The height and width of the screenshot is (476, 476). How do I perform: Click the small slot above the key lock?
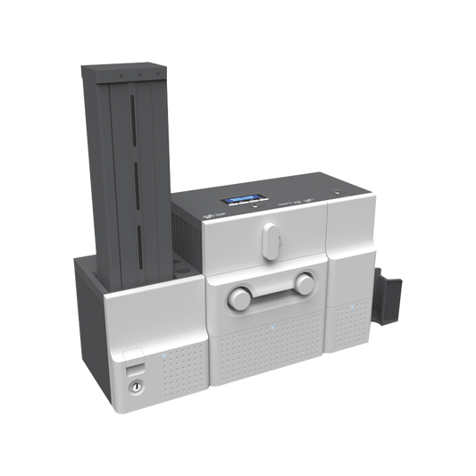(132, 366)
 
